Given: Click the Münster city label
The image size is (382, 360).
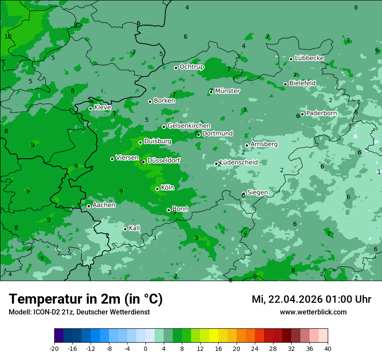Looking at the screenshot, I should click(227, 91).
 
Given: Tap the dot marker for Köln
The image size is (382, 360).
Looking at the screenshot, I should click(157, 189).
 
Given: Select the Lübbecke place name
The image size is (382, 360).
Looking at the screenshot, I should click(309, 58).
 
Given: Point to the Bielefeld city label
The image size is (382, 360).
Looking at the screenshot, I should click(302, 83).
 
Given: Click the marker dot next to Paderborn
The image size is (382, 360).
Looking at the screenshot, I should click(302, 114).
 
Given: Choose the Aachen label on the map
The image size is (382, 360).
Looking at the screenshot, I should click(104, 205).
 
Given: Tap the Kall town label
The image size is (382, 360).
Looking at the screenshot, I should click(134, 228).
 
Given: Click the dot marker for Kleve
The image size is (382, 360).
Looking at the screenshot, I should click(90, 108).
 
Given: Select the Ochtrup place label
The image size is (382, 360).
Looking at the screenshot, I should click(191, 67).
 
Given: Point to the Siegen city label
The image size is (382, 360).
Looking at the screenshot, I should click(257, 193).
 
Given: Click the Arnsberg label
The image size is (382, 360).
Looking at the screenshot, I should click(264, 144).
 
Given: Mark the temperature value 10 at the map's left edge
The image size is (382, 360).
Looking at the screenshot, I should click(8, 36).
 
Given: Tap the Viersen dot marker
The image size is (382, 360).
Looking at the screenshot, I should click(112, 159).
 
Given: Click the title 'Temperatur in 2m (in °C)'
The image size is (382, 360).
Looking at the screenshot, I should click(86, 299).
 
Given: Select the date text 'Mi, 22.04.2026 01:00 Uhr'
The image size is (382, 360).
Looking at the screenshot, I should click(311, 299).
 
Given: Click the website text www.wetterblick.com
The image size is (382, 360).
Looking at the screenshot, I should click(313, 312).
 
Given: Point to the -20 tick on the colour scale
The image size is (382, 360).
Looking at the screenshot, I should click(54, 348).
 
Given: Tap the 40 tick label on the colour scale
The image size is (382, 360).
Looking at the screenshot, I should click(327, 348).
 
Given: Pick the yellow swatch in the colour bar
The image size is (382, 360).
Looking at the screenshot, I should click(214, 336).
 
